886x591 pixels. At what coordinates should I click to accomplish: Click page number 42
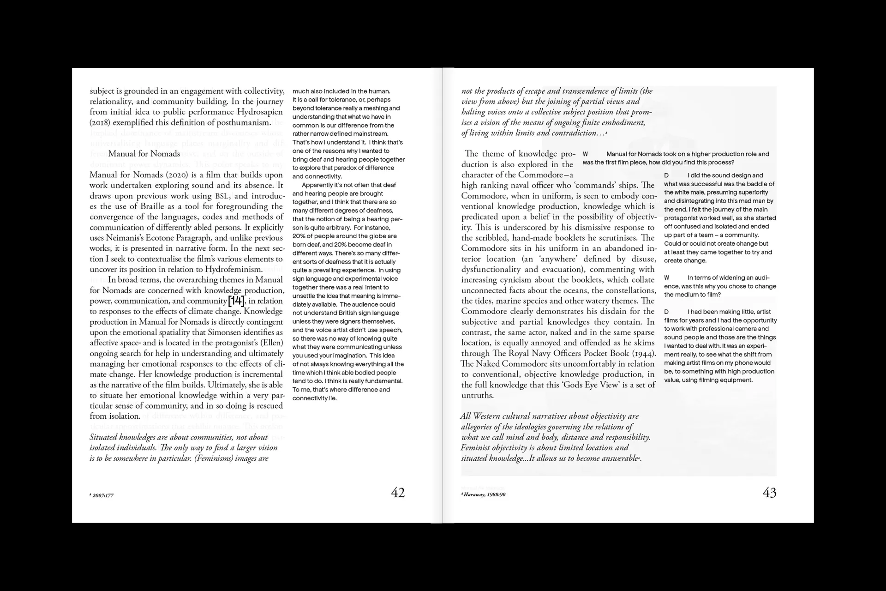[x=397, y=493]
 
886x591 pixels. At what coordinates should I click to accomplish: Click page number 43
[x=769, y=493]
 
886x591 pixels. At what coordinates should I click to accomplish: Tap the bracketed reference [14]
[x=236, y=301]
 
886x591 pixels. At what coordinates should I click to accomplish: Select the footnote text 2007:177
[x=102, y=495]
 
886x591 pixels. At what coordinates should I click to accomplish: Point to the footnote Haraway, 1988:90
[x=484, y=495]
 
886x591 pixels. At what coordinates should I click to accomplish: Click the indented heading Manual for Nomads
[x=144, y=154]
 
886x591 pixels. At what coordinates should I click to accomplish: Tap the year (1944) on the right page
[x=643, y=353]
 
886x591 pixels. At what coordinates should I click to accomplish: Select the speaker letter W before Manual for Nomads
[x=585, y=154]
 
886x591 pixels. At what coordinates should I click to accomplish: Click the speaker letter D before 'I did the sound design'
[x=666, y=175]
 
